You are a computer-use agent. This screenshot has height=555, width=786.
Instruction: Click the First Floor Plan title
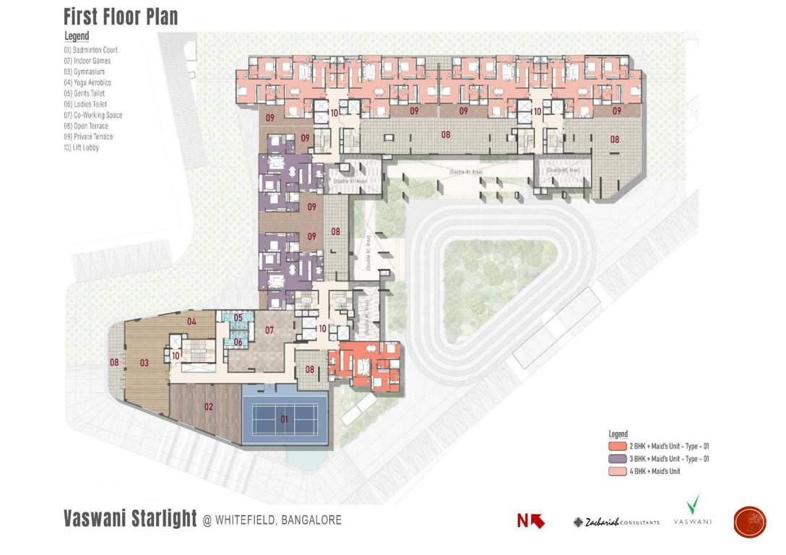tap(121, 17)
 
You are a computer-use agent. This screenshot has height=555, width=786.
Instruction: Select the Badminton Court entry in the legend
tap(90, 50)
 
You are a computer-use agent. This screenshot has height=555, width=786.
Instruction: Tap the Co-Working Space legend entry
tap(93, 115)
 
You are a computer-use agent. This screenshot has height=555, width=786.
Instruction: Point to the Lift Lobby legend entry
tap(81, 147)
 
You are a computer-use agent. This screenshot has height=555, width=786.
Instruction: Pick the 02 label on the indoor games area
tap(209, 407)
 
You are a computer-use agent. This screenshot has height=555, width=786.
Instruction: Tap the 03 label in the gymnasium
tap(144, 363)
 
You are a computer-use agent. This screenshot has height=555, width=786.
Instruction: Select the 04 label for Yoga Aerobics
tap(192, 322)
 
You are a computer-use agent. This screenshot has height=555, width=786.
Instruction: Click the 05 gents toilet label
tap(238, 317)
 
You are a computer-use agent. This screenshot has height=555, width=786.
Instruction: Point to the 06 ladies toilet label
tap(238, 342)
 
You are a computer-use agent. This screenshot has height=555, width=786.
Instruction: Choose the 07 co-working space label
tap(269, 331)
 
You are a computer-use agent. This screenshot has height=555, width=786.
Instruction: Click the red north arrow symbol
tap(531, 520)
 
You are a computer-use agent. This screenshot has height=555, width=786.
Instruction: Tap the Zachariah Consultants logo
tap(616, 522)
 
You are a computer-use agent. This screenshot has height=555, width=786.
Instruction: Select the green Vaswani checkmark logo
tap(693, 504)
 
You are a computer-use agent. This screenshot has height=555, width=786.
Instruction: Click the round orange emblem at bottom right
tap(749, 522)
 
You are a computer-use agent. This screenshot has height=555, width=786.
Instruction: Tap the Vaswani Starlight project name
tap(130, 519)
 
